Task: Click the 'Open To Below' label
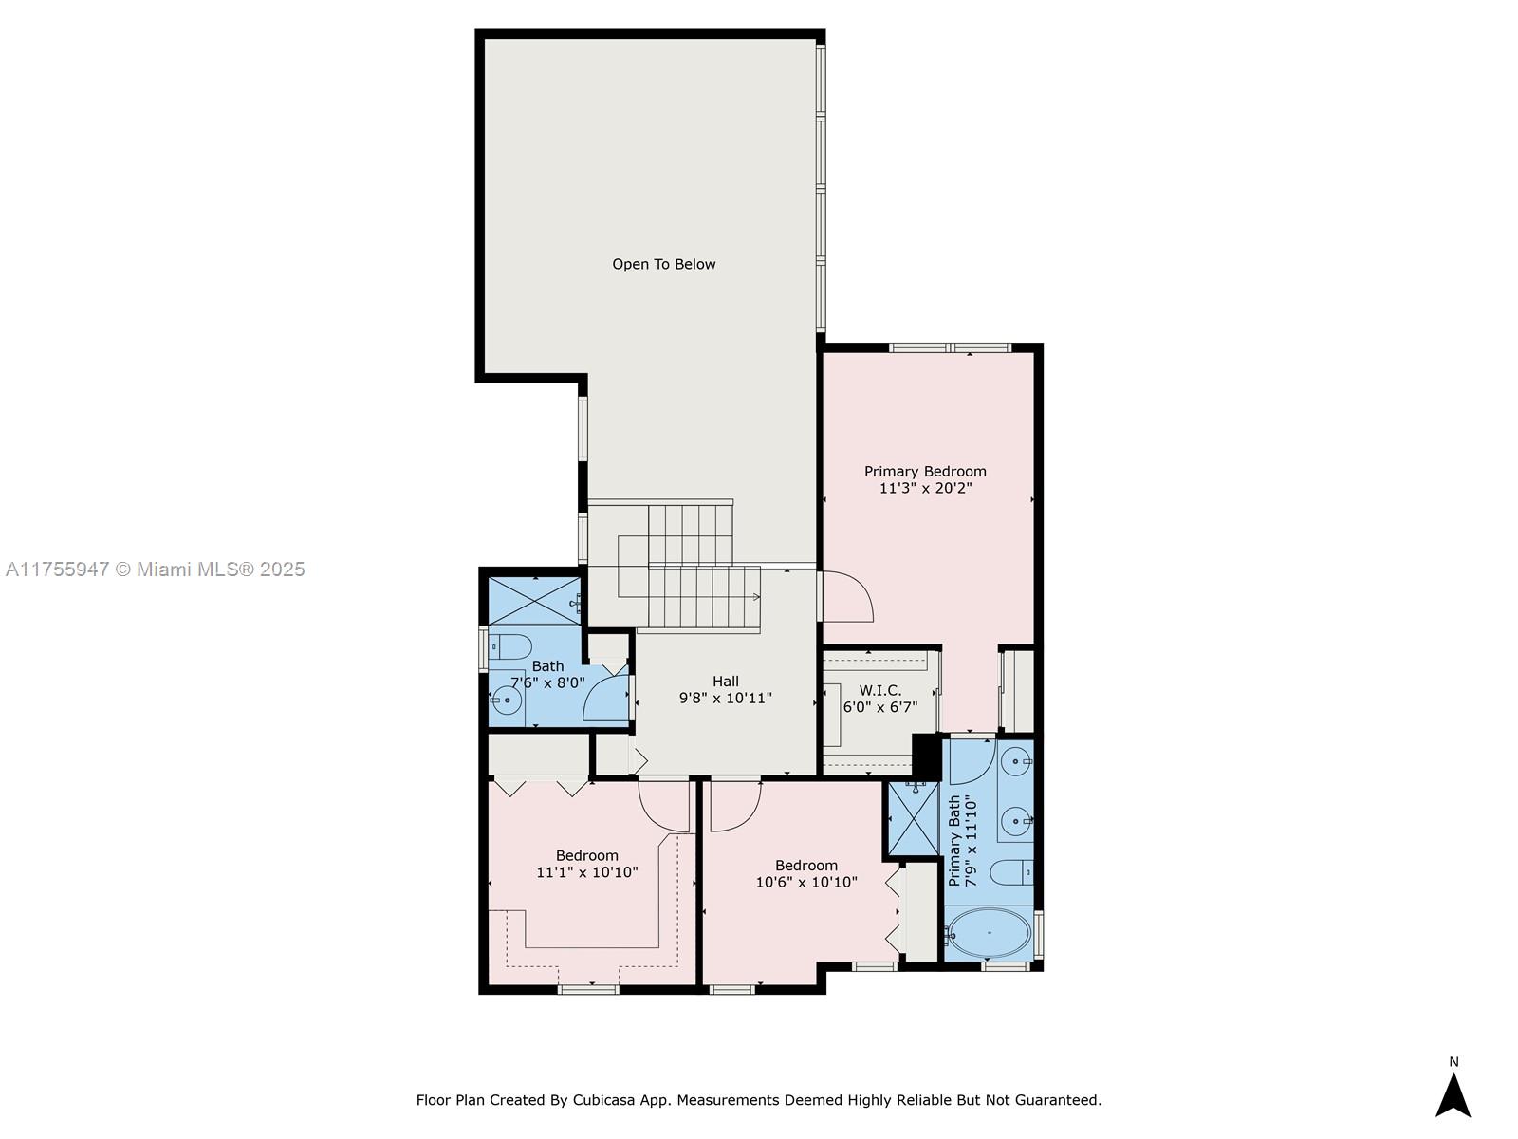pos(663,264)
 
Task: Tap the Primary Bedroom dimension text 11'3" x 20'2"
pos(925,488)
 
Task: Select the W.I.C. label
pos(879,690)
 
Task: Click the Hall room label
pos(726,682)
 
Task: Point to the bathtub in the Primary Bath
pos(989,933)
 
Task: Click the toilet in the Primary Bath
pos(1011,872)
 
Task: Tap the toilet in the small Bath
pos(509,647)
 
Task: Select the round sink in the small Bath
pos(507,700)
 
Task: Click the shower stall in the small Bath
pos(534,601)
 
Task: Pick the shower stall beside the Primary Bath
pos(913,819)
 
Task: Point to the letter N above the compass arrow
pos(1453,1061)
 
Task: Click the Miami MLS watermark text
pos(155,569)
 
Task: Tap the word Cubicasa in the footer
pos(603,1099)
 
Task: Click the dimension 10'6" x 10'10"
pos(806,883)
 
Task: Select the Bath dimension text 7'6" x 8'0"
pos(547,683)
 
